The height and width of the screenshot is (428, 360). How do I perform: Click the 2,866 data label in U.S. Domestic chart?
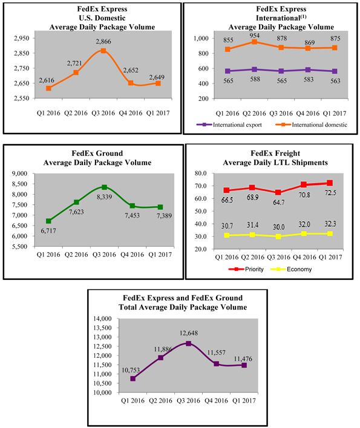click(x=103, y=42)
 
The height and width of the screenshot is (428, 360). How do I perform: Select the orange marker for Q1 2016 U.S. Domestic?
click(x=48, y=88)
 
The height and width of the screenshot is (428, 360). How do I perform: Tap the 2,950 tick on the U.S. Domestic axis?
click(x=22, y=38)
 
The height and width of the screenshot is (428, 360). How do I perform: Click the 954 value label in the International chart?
click(x=255, y=36)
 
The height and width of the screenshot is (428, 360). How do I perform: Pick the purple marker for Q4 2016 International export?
click(x=308, y=70)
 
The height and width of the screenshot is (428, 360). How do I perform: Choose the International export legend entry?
click(x=229, y=125)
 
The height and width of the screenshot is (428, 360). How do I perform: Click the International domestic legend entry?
click(x=311, y=125)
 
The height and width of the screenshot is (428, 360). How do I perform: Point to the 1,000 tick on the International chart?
click(x=201, y=39)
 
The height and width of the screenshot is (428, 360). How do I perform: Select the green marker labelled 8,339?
click(x=104, y=187)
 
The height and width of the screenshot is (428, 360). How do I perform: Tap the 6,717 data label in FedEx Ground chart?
click(x=48, y=231)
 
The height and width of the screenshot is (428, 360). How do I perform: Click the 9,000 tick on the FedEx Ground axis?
click(x=20, y=173)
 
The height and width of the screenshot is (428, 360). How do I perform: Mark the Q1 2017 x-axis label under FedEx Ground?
click(x=160, y=255)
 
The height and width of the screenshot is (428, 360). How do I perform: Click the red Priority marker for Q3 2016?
click(x=278, y=192)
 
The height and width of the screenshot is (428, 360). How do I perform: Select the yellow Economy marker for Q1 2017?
click(x=330, y=234)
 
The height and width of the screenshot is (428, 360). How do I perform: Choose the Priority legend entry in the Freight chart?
click(x=246, y=269)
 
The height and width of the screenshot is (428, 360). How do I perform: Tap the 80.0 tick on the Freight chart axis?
click(x=201, y=173)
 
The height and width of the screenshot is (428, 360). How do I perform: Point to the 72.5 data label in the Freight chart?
click(x=330, y=193)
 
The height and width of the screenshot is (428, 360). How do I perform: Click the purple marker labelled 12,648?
click(x=188, y=343)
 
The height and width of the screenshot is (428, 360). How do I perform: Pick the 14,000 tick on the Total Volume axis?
click(x=102, y=319)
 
